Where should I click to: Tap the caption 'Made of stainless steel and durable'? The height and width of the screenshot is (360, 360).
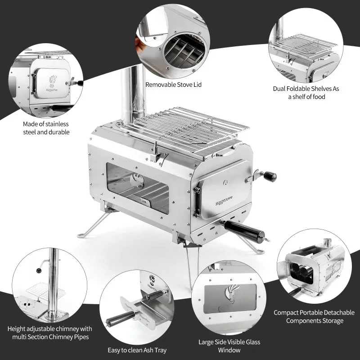click(46, 128)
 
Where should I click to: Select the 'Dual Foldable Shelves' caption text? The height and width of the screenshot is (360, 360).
click(306, 93)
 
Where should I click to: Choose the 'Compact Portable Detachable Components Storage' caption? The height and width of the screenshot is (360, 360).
click(314, 316)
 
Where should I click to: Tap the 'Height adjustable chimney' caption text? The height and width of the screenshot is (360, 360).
click(50, 333)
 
